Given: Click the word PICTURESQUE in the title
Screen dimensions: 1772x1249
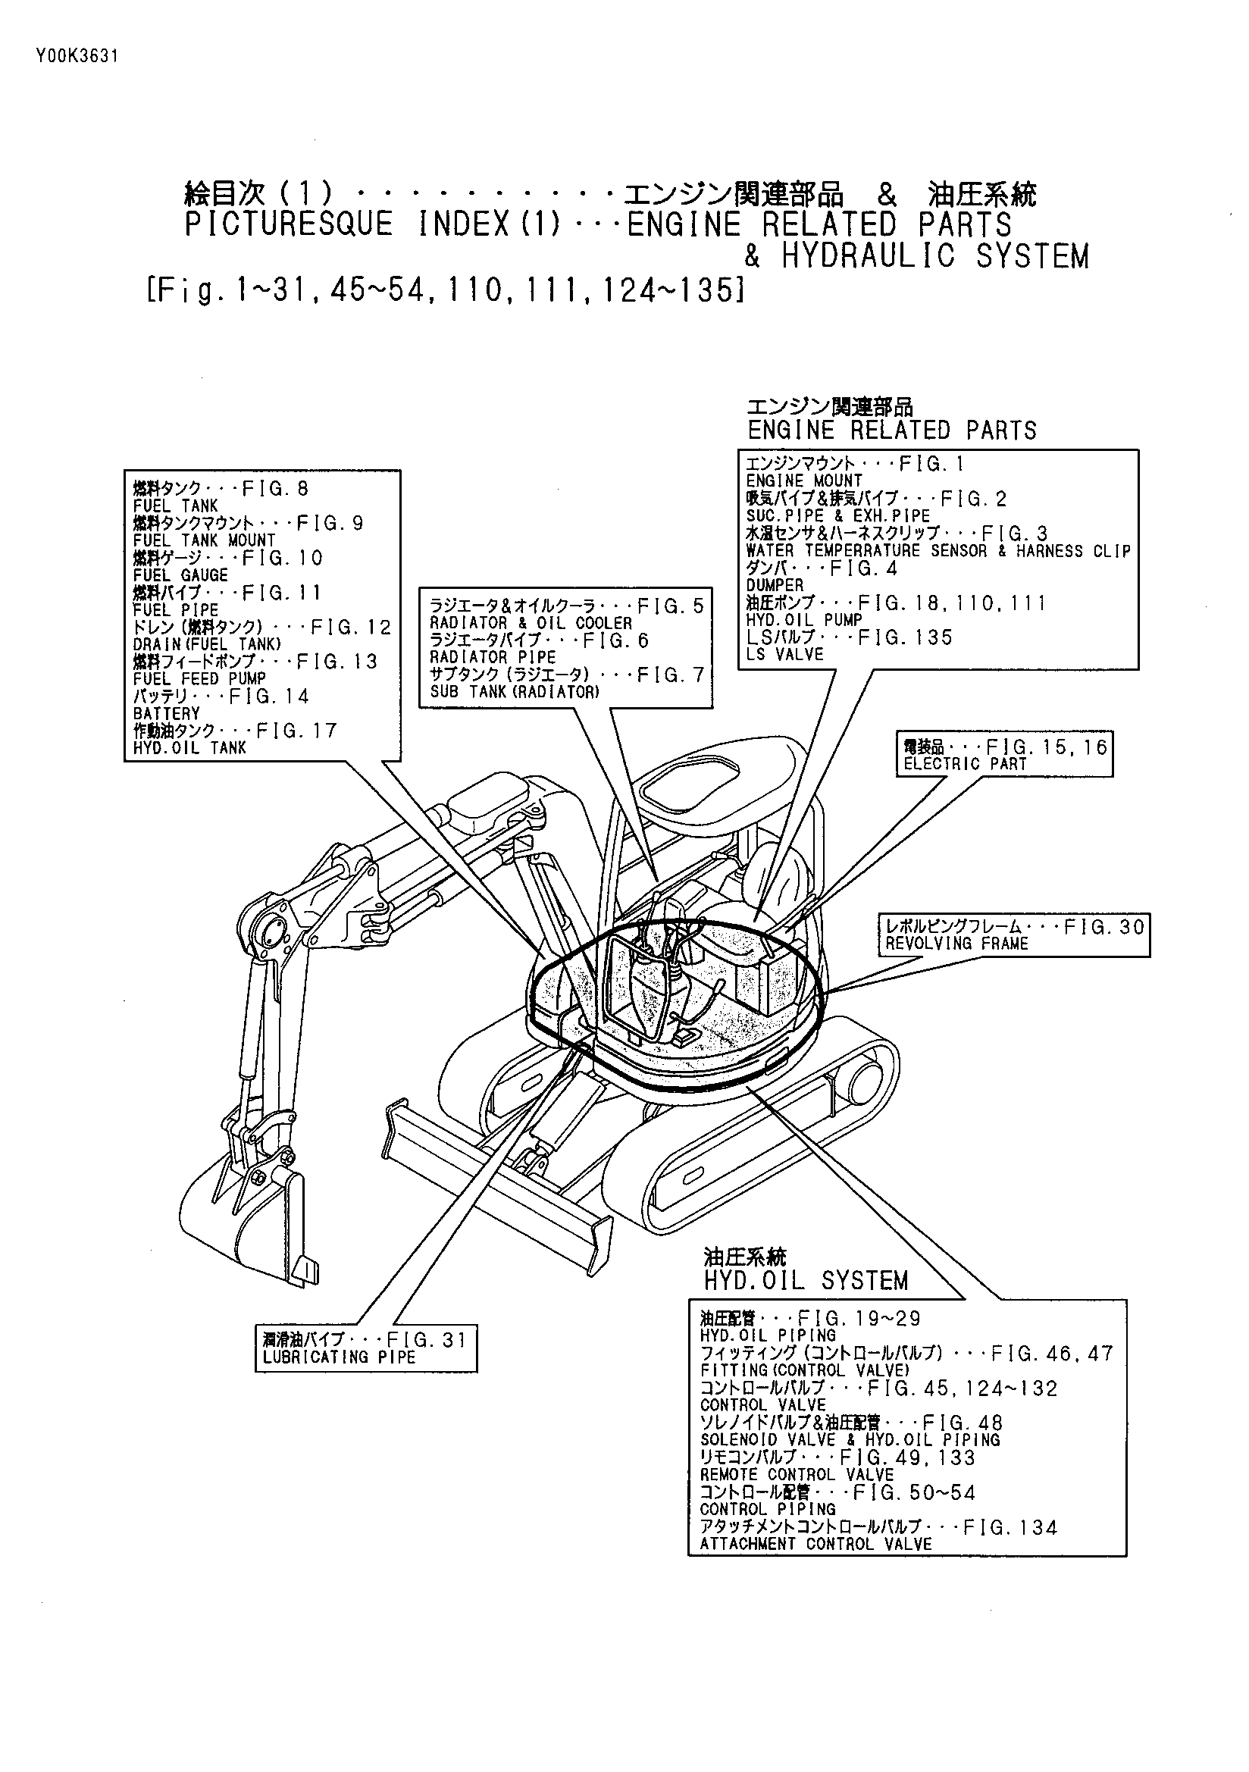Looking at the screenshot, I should pyautogui.click(x=289, y=225).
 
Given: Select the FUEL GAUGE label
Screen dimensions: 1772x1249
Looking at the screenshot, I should pyautogui.click(x=180, y=576).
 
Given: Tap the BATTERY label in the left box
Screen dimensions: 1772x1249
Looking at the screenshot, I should pyautogui.click(x=166, y=714).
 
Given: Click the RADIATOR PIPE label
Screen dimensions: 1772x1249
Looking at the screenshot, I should pyautogui.click(x=493, y=658).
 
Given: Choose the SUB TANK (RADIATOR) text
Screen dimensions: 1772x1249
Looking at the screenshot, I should pyautogui.click(x=514, y=692).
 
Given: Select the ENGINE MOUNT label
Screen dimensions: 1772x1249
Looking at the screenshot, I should pyautogui.click(x=803, y=481).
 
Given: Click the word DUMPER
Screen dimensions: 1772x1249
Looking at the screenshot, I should pyautogui.click(x=775, y=585).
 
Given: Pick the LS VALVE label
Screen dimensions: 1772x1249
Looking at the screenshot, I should pyautogui.click(x=784, y=655).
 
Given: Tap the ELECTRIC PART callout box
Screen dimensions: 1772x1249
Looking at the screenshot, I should pyautogui.click(x=1004, y=755).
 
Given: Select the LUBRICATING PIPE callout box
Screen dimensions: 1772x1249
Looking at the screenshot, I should pyautogui.click(x=366, y=1348).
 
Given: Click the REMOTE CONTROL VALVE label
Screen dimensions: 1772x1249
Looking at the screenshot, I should pyautogui.click(x=797, y=1475).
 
